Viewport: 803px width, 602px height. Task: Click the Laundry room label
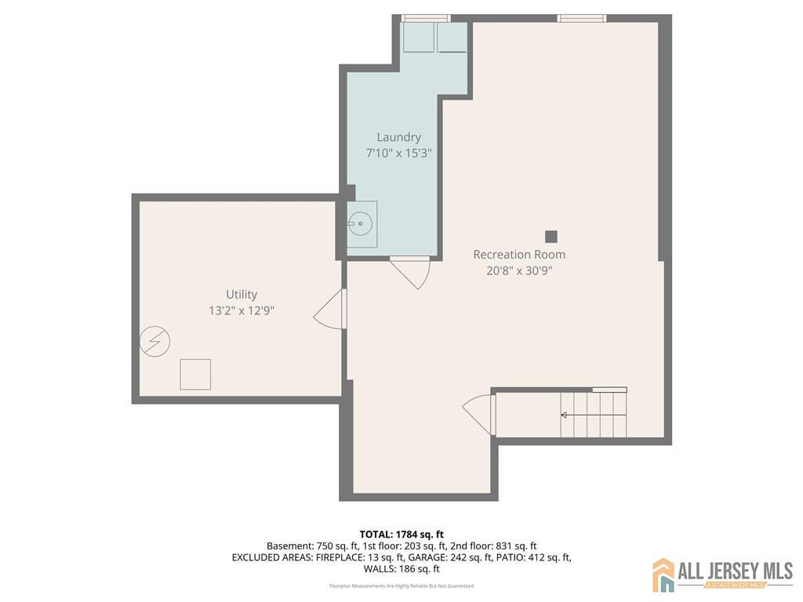click(x=398, y=137)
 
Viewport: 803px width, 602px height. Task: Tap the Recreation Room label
click(x=519, y=255)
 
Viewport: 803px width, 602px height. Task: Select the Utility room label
click(x=242, y=295)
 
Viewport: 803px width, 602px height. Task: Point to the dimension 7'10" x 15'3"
click(x=398, y=154)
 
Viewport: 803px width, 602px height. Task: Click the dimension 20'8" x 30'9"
click(x=519, y=271)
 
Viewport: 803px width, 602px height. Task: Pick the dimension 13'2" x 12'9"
click(x=242, y=310)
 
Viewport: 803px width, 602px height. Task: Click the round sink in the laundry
click(x=361, y=224)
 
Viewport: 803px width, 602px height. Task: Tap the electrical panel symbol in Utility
click(x=154, y=341)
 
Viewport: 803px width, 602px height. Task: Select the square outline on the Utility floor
click(x=195, y=374)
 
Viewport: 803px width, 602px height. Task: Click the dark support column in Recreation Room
click(x=551, y=236)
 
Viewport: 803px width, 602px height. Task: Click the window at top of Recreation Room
click(x=582, y=18)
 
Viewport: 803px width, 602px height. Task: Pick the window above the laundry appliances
click(x=426, y=18)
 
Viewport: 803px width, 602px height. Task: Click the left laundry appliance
click(x=419, y=38)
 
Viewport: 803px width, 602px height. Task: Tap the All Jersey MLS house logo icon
click(x=663, y=575)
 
